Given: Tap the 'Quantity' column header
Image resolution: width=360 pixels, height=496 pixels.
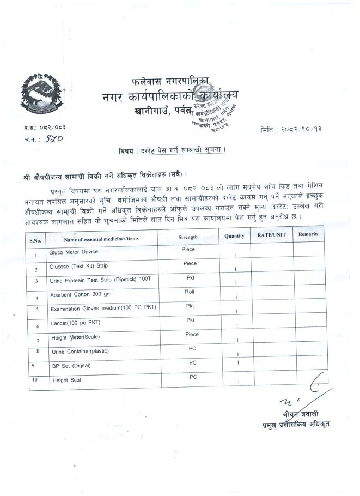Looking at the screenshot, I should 235,235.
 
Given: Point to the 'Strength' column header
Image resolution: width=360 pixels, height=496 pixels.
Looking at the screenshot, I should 188,237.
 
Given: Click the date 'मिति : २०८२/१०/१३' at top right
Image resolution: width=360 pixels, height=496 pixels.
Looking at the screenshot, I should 297,130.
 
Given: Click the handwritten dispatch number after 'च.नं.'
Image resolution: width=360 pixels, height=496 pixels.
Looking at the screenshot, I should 54,139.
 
